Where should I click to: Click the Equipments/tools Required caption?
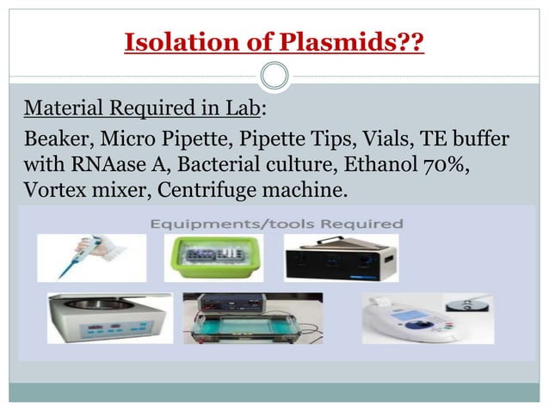click(276, 224)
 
